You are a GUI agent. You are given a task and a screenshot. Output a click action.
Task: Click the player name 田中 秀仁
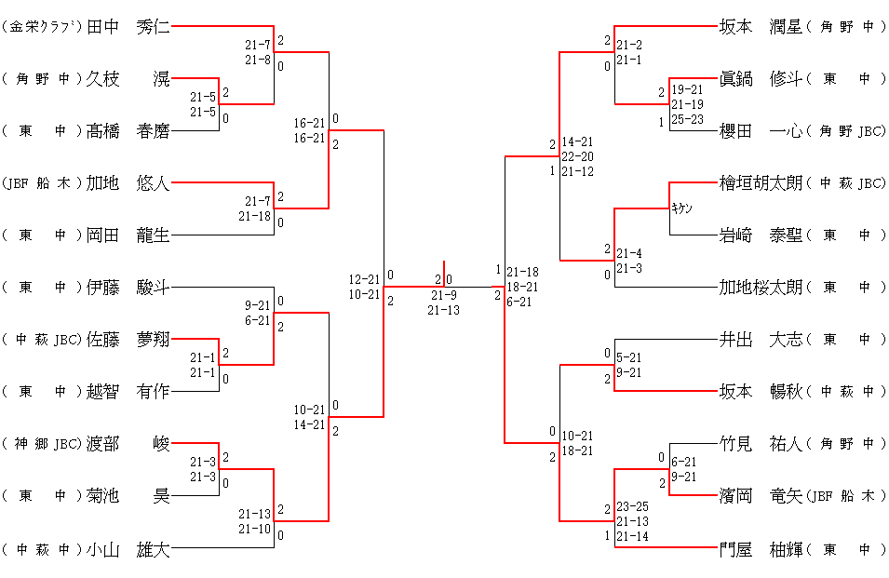[x=128, y=27]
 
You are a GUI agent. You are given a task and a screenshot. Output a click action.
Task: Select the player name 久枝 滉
[x=128, y=79]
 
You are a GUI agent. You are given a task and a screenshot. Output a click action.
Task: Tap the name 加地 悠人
[x=128, y=183]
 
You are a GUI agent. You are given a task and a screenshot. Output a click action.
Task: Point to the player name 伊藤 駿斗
[x=128, y=288]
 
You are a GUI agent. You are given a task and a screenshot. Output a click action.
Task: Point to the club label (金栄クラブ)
[x=43, y=27]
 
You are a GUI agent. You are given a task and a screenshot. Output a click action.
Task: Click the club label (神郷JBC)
[x=43, y=444]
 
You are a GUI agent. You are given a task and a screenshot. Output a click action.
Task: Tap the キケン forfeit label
[x=682, y=208]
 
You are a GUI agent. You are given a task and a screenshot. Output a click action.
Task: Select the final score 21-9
[x=443, y=296]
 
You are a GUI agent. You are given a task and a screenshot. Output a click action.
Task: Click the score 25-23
[x=688, y=119]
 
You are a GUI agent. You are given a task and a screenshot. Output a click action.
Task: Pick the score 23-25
[x=633, y=507]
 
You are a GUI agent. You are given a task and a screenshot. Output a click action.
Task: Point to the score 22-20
[x=577, y=156]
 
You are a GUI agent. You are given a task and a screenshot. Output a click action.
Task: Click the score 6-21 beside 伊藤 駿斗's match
[x=258, y=320]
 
